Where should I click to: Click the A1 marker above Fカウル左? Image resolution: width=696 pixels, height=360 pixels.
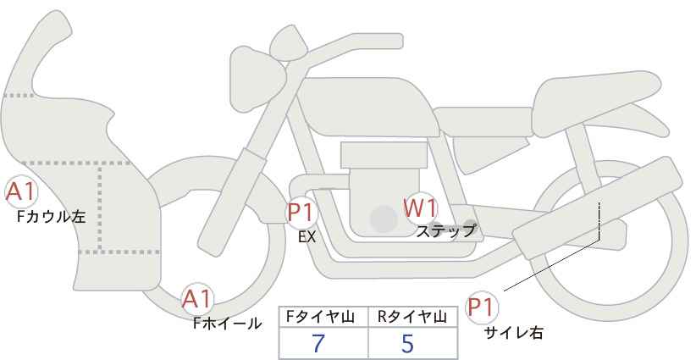20,193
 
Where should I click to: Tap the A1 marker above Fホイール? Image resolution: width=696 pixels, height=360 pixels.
198,298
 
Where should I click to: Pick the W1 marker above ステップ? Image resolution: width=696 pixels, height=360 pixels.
420,208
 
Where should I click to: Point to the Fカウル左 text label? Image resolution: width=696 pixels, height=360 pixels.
52,217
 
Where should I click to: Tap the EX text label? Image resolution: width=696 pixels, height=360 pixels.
307,237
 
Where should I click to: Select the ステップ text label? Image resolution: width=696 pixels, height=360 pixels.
446,230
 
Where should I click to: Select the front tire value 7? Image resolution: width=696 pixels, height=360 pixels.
319,344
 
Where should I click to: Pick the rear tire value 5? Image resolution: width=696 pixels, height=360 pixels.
407,344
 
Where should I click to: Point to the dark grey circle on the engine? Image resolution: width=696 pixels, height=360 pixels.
384,219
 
